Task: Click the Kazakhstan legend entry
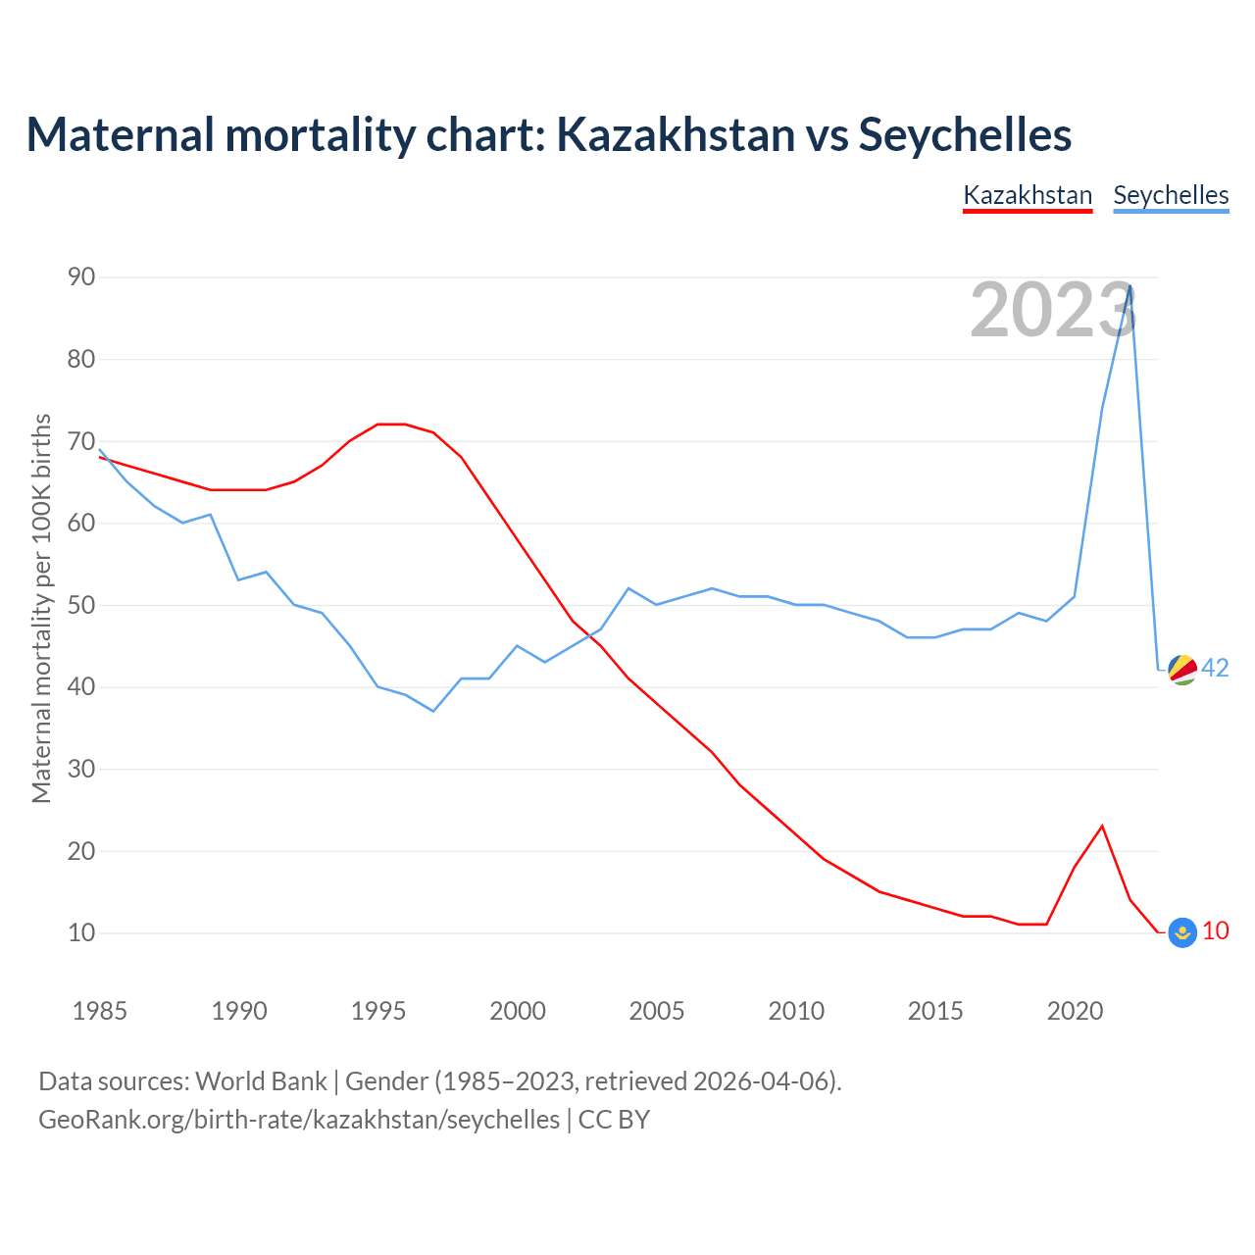pyautogui.click(x=1028, y=195)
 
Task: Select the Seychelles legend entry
pyautogui.click(x=1171, y=195)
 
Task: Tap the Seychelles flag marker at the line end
pyautogui.click(x=1182, y=669)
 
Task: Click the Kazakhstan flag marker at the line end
pyautogui.click(x=1182, y=932)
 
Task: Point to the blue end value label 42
pyautogui.click(x=1216, y=668)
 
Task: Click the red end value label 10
pyautogui.click(x=1216, y=930)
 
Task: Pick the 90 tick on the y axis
pyautogui.click(x=81, y=277)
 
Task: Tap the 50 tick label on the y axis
pyautogui.click(x=81, y=605)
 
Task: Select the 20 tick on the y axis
pyautogui.click(x=81, y=851)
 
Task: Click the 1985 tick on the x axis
pyautogui.click(x=100, y=1011)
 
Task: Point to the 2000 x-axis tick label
pyautogui.click(x=518, y=1011)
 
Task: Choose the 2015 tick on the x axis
pyautogui.click(x=935, y=1011)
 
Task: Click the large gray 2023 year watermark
pyautogui.click(x=1053, y=310)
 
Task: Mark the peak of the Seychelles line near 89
pyautogui.click(x=1130, y=285)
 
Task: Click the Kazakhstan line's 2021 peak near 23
pyautogui.click(x=1102, y=826)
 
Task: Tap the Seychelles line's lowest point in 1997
pyautogui.click(x=433, y=711)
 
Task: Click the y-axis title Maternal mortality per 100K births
pyautogui.click(x=41, y=608)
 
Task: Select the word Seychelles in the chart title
pyautogui.click(x=965, y=134)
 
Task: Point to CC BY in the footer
pyautogui.click(x=614, y=1120)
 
